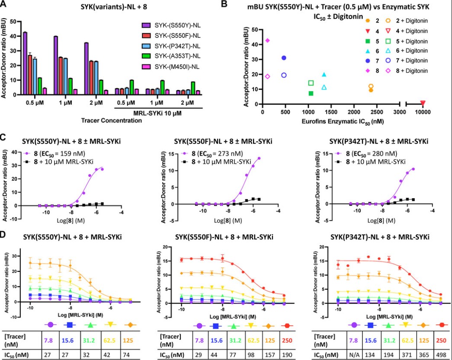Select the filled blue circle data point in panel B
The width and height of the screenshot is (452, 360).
(x=284, y=58)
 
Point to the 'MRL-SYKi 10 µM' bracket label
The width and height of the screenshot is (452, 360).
(x=158, y=112)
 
